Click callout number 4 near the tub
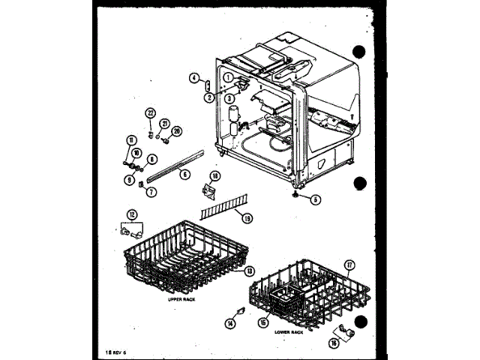click(x=193, y=77)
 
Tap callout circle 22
click(x=150, y=113)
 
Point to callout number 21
click(x=165, y=124)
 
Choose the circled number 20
click(x=177, y=131)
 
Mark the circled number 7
click(x=151, y=191)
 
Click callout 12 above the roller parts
click(x=133, y=214)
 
